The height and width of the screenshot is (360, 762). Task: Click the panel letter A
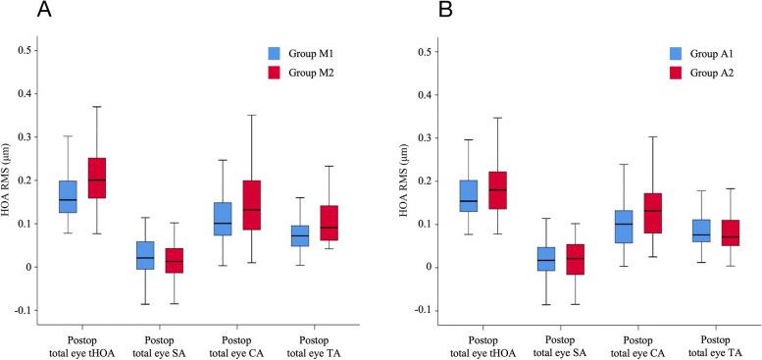(x=18, y=11)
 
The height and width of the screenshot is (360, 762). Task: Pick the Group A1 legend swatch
(x=678, y=53)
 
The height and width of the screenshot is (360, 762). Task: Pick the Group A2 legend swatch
(x=678, y=73)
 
